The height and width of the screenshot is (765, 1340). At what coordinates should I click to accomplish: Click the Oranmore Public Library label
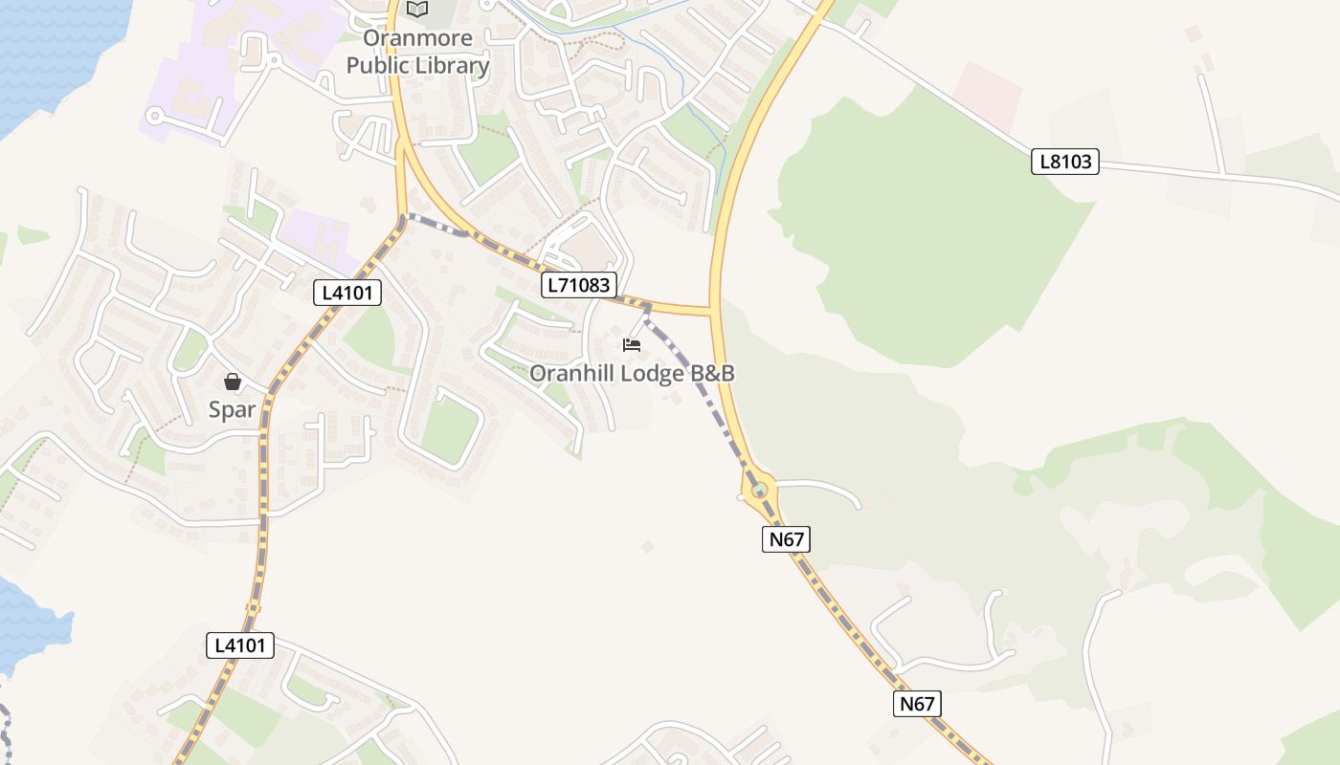[417, 53]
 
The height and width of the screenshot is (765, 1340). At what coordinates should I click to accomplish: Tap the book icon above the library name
[417, 10]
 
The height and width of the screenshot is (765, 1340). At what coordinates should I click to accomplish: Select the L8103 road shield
[1065, 162]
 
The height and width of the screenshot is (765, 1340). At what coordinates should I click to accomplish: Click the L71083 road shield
[577, 284]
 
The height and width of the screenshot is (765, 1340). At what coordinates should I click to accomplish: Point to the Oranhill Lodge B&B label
[632, 373]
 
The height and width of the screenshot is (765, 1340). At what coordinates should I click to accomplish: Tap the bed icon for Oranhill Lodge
[632, 345]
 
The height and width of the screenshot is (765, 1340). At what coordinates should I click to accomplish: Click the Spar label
[232, 410]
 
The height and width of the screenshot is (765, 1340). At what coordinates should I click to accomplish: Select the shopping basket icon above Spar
[232, 382]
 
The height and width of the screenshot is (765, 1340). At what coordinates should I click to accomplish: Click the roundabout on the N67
[760, 491]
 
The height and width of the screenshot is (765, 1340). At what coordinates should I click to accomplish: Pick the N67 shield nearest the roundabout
[787, 539]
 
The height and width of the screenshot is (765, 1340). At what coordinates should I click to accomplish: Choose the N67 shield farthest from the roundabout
[917, 705]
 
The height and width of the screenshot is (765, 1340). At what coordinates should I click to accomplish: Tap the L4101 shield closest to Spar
[347, 293]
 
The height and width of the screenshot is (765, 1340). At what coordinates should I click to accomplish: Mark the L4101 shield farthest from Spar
[240, 645]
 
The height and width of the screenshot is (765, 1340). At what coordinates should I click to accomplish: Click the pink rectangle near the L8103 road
[988, 97]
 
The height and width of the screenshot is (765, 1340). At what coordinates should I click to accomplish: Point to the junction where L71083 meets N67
[714, 311]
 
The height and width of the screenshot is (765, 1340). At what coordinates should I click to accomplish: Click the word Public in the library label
[380, 66]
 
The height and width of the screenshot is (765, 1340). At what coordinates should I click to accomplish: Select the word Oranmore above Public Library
[417, 39]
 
